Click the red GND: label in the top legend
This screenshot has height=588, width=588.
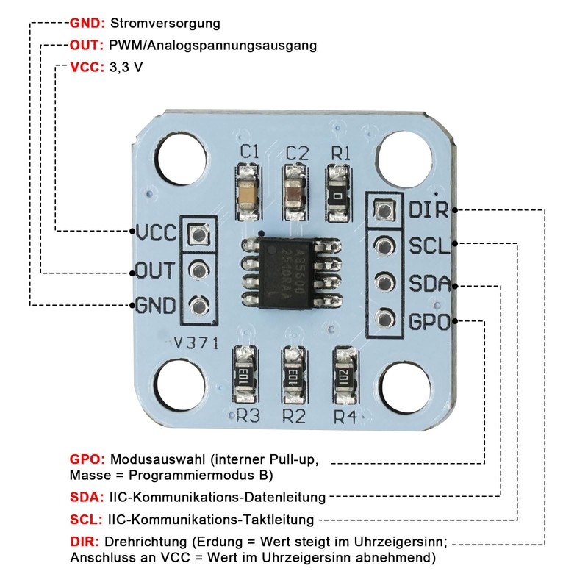click(x=88, y=23)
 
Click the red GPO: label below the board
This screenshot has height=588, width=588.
click(x=88, y=459)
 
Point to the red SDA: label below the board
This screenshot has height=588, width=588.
click(x=87, y=498)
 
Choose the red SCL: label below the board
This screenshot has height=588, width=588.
click(x=87, y=520)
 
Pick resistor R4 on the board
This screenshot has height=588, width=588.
click(x=344, y=375)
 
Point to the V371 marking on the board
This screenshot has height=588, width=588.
click(x=198, y=343)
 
